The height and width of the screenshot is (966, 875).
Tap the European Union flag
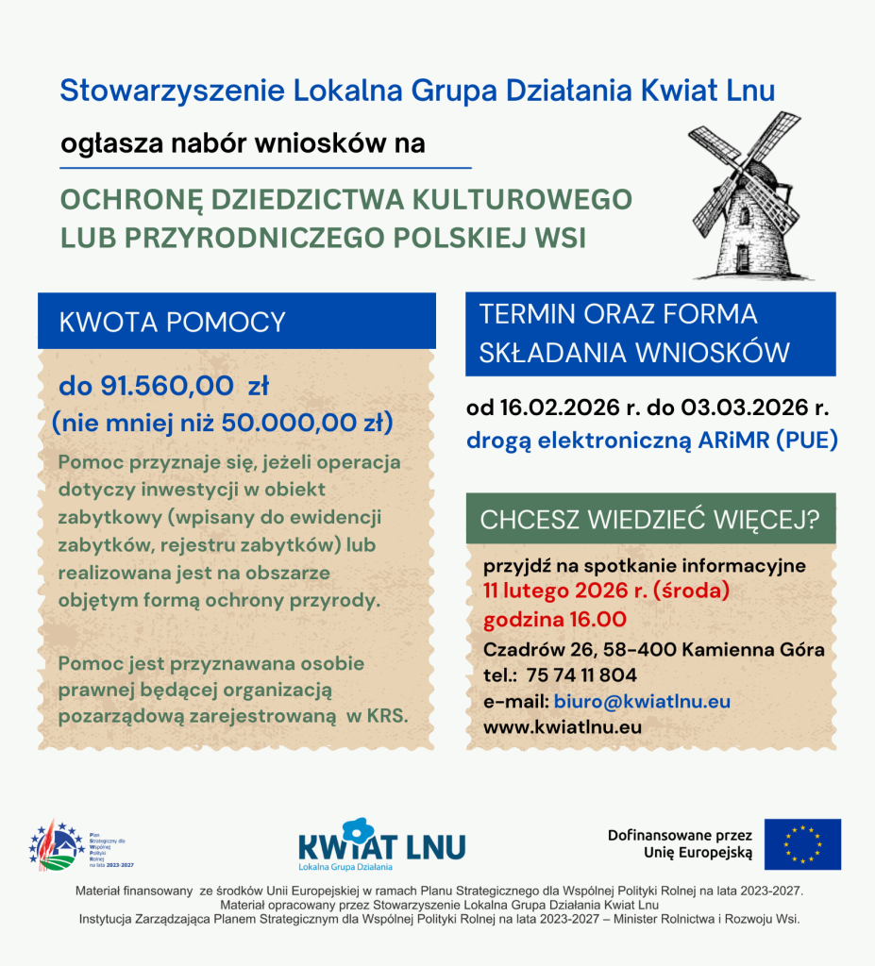click(x=802, y=843)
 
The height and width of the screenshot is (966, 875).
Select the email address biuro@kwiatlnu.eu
click(x=642, y=702)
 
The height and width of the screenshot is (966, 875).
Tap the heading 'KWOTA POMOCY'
click(x=172, y=323)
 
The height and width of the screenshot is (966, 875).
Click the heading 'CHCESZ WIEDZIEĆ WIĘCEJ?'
click(x=649, y=520)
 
